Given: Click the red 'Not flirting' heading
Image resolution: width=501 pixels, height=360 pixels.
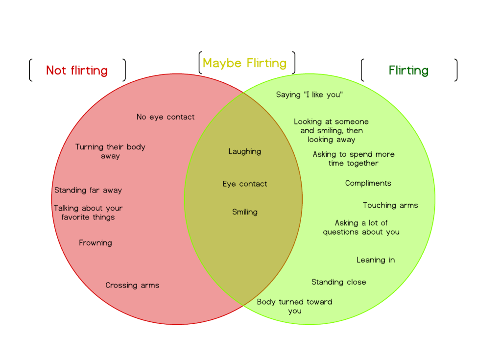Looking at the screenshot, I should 77,71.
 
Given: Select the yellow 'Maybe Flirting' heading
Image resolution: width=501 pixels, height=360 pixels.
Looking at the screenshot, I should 245,63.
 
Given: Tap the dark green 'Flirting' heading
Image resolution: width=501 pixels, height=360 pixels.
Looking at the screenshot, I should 408,71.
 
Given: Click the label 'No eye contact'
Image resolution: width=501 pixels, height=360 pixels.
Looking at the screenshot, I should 166,117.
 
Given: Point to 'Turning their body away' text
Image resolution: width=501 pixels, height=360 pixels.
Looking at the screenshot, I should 110,151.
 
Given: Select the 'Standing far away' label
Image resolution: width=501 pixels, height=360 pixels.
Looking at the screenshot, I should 88,190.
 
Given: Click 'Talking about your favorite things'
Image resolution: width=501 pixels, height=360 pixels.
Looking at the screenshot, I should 88,213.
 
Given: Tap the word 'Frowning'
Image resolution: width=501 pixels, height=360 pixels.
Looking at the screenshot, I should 95,243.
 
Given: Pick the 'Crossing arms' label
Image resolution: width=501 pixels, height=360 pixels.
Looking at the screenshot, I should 132,285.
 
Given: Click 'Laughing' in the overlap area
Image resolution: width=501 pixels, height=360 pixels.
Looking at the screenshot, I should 245,151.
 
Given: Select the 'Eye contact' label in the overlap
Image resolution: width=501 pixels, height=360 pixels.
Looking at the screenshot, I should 245,184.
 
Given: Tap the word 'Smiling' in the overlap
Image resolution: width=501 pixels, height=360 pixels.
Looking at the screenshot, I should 245,212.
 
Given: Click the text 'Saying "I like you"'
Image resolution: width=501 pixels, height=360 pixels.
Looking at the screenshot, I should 309,95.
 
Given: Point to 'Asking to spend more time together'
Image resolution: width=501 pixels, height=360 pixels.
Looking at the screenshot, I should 354,159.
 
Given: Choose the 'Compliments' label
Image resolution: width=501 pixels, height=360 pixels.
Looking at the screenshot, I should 368,183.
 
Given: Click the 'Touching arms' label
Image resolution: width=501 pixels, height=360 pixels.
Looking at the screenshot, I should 390,205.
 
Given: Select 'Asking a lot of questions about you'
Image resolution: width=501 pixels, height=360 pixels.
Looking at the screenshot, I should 361,227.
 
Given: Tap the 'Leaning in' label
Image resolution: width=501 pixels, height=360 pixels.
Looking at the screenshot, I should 376,260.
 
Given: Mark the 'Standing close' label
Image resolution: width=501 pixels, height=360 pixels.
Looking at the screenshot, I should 339,282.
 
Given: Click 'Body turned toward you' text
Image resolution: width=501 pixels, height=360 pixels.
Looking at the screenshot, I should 295,306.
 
